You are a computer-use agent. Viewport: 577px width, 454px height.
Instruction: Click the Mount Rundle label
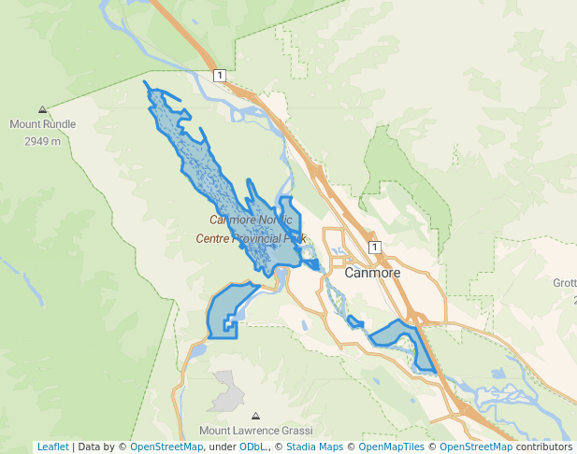tap(43, 124)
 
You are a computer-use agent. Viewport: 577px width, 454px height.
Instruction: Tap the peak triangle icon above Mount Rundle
tap(43, 110)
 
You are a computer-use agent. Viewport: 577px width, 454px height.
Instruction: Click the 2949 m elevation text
tap(43, 141)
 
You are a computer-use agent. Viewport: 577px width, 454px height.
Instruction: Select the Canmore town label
tap(372, 273)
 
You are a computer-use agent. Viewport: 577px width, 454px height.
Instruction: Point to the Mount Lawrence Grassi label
tap(255, 431)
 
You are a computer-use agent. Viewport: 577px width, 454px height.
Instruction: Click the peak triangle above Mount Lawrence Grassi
tap(256, 416)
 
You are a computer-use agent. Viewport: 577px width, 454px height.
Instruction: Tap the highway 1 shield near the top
tap(219, 76)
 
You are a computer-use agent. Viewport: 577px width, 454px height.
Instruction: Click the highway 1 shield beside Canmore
tap(374, 248)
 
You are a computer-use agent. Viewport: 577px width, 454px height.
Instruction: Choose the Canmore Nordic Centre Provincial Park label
tap(252, 229)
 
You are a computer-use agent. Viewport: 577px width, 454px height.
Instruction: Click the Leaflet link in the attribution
tap(52, 447)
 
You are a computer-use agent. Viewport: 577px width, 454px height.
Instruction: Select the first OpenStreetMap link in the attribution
tap(166, 447)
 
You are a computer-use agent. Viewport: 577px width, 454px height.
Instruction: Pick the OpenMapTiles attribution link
tap(395, 447)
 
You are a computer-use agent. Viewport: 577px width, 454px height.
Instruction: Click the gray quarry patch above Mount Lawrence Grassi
tap(225, 390)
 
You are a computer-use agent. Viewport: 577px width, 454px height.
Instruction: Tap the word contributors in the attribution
tap(543, 447)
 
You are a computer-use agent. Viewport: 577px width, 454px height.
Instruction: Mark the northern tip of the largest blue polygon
tap(147, 83)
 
